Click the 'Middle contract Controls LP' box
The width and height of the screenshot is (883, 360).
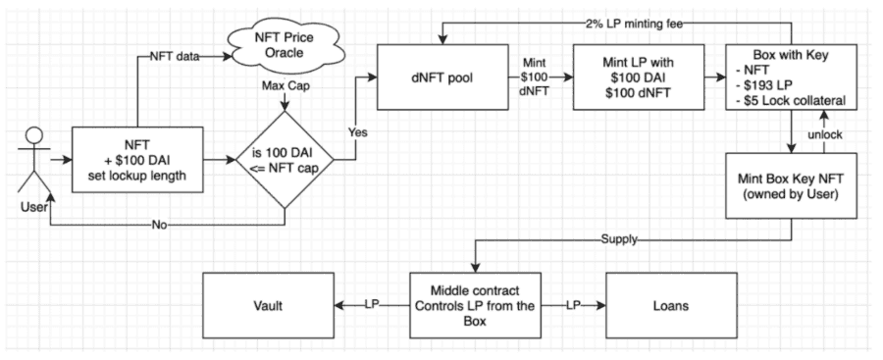pyautogui.click(x=475, y=305)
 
